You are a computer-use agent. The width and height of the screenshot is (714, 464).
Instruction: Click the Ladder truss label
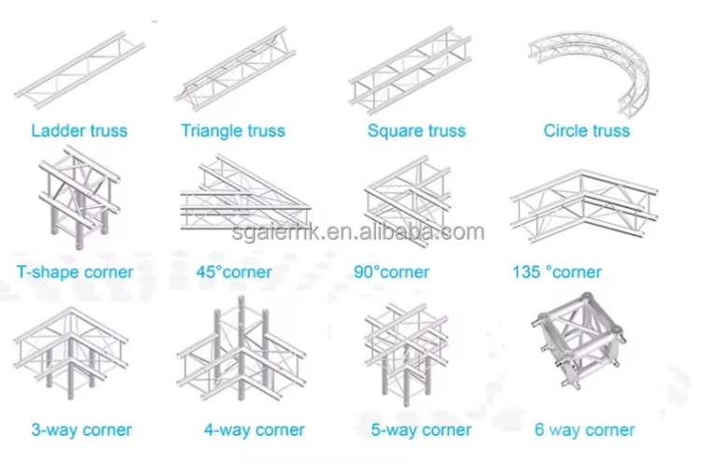(x=79, y=131)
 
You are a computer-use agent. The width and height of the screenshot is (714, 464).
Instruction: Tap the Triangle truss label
(x=232, y=131)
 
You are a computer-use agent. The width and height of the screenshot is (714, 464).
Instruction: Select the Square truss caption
(x=416, y=131)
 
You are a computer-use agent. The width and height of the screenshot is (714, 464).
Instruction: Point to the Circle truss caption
(x=586, y=131)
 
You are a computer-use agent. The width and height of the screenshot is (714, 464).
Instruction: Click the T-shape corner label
(x=76, y=273)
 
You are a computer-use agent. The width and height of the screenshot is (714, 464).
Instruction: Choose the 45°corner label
(x=233, y=273)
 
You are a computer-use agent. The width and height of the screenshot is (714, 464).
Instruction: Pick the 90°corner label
(x=392, y=273)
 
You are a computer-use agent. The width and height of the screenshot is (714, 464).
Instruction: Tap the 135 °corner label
(x=557, y=273)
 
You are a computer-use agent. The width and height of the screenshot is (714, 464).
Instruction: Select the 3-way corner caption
(x=81, y=430)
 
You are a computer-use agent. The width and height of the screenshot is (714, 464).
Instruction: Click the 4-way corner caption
(x=254, y=430)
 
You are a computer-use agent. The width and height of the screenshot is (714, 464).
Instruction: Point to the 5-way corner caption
(x=420, y=430)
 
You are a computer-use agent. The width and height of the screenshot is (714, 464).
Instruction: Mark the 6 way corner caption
(x=584, y=430)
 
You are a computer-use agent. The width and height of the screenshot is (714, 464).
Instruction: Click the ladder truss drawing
(x=75, y=70)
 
